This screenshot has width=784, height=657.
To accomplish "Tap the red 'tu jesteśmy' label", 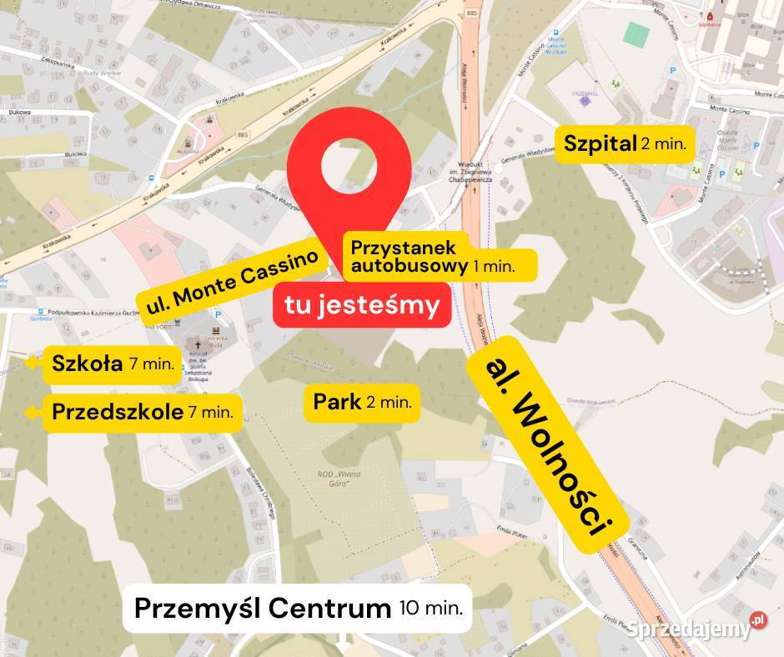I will click(362, 306).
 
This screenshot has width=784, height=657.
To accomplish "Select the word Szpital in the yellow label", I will click(600, 143).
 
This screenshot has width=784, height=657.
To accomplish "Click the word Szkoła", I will click(87, 364).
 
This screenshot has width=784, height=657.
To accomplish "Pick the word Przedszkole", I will click(118, 411).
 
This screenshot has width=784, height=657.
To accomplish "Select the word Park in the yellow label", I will click(337, 402).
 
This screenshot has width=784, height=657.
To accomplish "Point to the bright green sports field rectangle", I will click(636, 34).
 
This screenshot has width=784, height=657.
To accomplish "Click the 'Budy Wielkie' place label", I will click(86, 96).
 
